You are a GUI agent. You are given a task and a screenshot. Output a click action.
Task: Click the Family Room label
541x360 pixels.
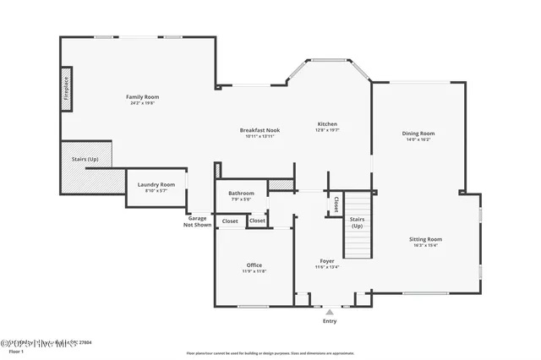[x=143, y=97]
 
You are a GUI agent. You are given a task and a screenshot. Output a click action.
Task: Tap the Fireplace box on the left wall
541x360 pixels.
[x=66, y=89]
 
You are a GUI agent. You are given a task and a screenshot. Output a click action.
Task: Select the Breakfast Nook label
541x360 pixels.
[x=260, y=130]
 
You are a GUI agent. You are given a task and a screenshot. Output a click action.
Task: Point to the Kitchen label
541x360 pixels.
[x=326, y=124]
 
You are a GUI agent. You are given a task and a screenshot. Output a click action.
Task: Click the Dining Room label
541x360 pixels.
[x=418, y=134]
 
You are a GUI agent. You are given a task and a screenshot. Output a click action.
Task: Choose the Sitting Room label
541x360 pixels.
[x=428, y=239]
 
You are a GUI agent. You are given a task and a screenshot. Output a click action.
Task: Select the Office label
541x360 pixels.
[x=254, y=265]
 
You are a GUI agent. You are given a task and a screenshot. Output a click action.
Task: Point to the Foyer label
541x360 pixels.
[x=327, y=261]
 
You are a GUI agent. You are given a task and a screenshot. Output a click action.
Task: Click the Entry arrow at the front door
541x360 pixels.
[x=330, y=312]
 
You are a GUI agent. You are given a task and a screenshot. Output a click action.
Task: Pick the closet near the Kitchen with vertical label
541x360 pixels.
[x=336, y=204]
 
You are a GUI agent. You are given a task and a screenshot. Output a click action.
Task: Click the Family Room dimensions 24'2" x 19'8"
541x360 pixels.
[x=143, y=103]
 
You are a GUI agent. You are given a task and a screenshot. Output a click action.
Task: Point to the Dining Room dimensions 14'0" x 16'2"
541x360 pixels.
[x=418, y=139]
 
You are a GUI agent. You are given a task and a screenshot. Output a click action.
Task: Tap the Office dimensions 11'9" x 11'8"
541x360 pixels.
[x=254, y=271]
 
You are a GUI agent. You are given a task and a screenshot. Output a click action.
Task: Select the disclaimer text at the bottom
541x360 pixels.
[x=270, y=352]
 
